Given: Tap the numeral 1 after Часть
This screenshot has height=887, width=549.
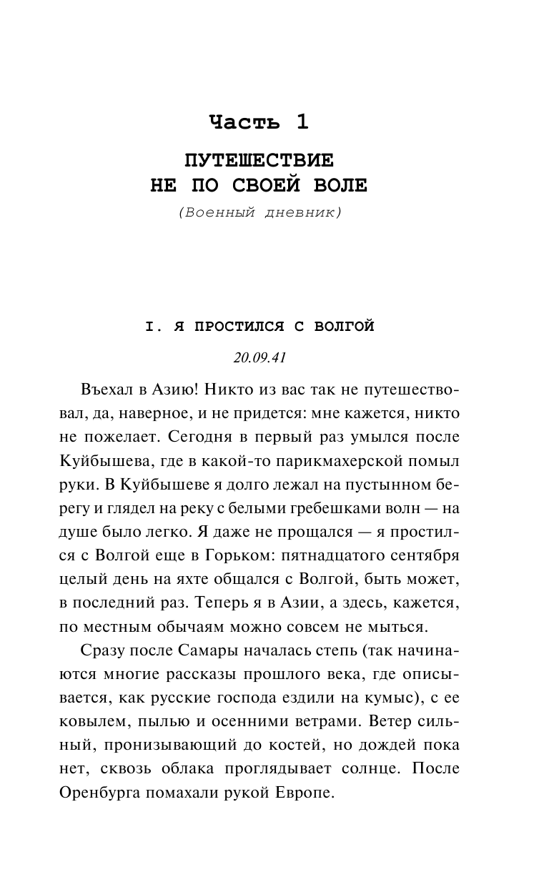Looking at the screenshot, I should coord(301,122).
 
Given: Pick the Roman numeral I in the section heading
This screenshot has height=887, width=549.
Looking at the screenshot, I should coord(149,327).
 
